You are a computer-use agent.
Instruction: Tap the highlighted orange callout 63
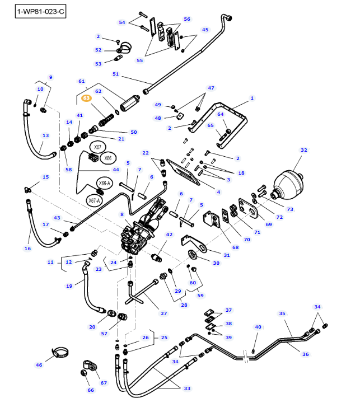tap(86, 98)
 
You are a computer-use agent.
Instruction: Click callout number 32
tap(304, 150)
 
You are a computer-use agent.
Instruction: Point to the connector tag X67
tap(97, 148)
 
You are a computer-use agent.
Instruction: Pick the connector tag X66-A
tap(105, 183)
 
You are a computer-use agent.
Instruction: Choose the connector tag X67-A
tap(94, 200)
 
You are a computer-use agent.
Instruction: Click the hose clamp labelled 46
tap(62, 354)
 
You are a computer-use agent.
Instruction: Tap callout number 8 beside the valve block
tap(121, 214)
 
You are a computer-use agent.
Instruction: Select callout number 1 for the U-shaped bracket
tap(252, 98)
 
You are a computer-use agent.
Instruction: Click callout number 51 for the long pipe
tap(116, 74)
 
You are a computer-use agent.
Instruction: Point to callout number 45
tap(205, 30)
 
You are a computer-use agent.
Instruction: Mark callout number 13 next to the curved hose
tap(45, 135)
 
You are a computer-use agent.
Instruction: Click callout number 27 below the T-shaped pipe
tap(164, 313)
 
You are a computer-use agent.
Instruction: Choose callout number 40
tap(258, 327)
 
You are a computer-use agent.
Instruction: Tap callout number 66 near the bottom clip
tap(91, 390)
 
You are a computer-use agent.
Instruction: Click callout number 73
tap(290, 209)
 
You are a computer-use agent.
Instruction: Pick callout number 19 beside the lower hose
tap(69, 286)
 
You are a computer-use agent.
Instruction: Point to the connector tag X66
tap(109, 158)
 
